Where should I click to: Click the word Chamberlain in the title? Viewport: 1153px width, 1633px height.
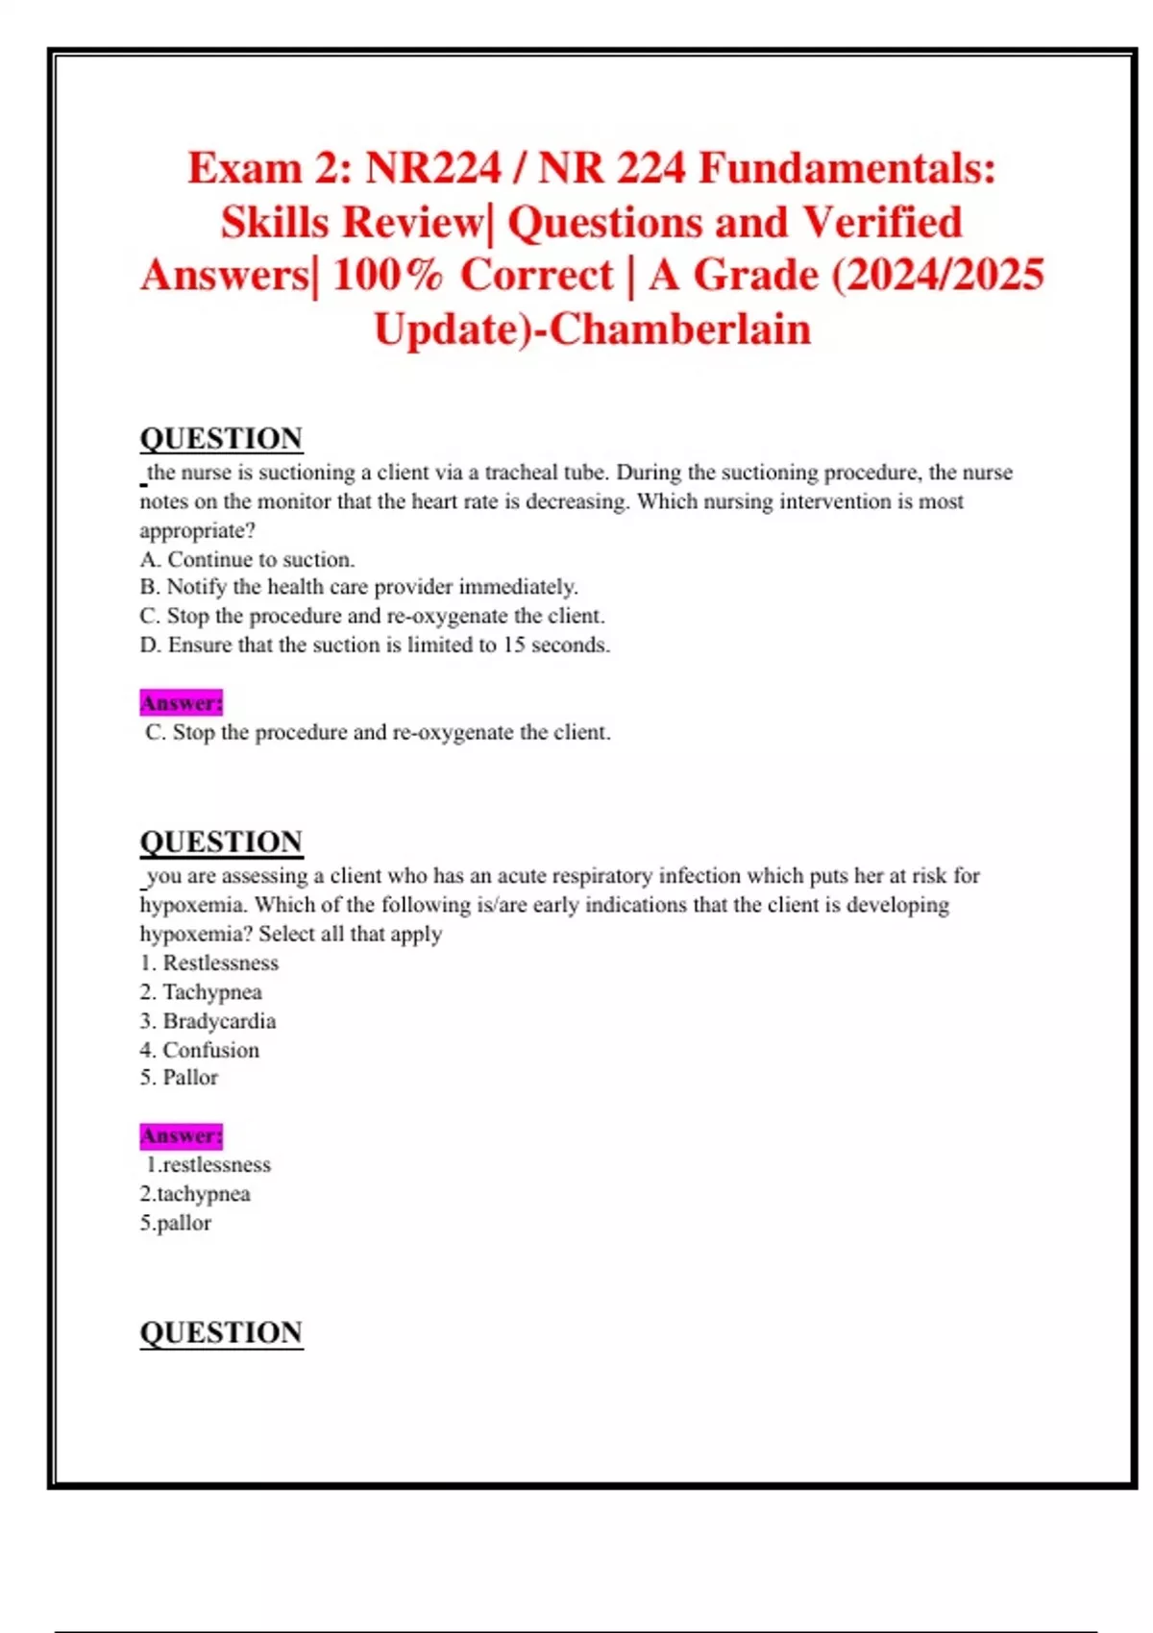tap(680, 329)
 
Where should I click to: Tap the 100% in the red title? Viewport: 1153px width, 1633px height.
tap(388, 276)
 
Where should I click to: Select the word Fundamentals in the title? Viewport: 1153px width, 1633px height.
tap(846, 168)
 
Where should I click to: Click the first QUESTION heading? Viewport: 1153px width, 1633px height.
tap(221, 439)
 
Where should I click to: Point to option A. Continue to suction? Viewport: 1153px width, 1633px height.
tap(247, 559)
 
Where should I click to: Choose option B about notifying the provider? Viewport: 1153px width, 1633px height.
tap(358, 587)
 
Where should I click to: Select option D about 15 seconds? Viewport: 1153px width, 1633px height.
tap(375, 645)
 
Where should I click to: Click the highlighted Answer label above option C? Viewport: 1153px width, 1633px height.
tap(181, 703)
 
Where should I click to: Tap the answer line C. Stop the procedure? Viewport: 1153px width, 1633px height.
tap(378, 732)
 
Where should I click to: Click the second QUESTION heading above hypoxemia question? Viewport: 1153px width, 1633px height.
tap(221, 842)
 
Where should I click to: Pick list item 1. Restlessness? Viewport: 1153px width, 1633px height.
tap(209, 963)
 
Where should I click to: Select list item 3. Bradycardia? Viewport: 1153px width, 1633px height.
tap(208, 1020)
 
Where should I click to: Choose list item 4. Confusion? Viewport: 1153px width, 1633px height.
tap(199, 1050)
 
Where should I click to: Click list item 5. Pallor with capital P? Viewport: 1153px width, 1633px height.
tap(179, 1078)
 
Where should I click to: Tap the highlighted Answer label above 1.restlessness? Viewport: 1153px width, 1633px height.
tap(181, 1135)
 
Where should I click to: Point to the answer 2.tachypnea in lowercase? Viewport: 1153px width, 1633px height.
tap(195, 1194)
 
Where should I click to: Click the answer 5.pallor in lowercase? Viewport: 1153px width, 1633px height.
tap(176, 1223)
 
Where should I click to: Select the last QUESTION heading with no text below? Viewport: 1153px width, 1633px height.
tap(221, 1333)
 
